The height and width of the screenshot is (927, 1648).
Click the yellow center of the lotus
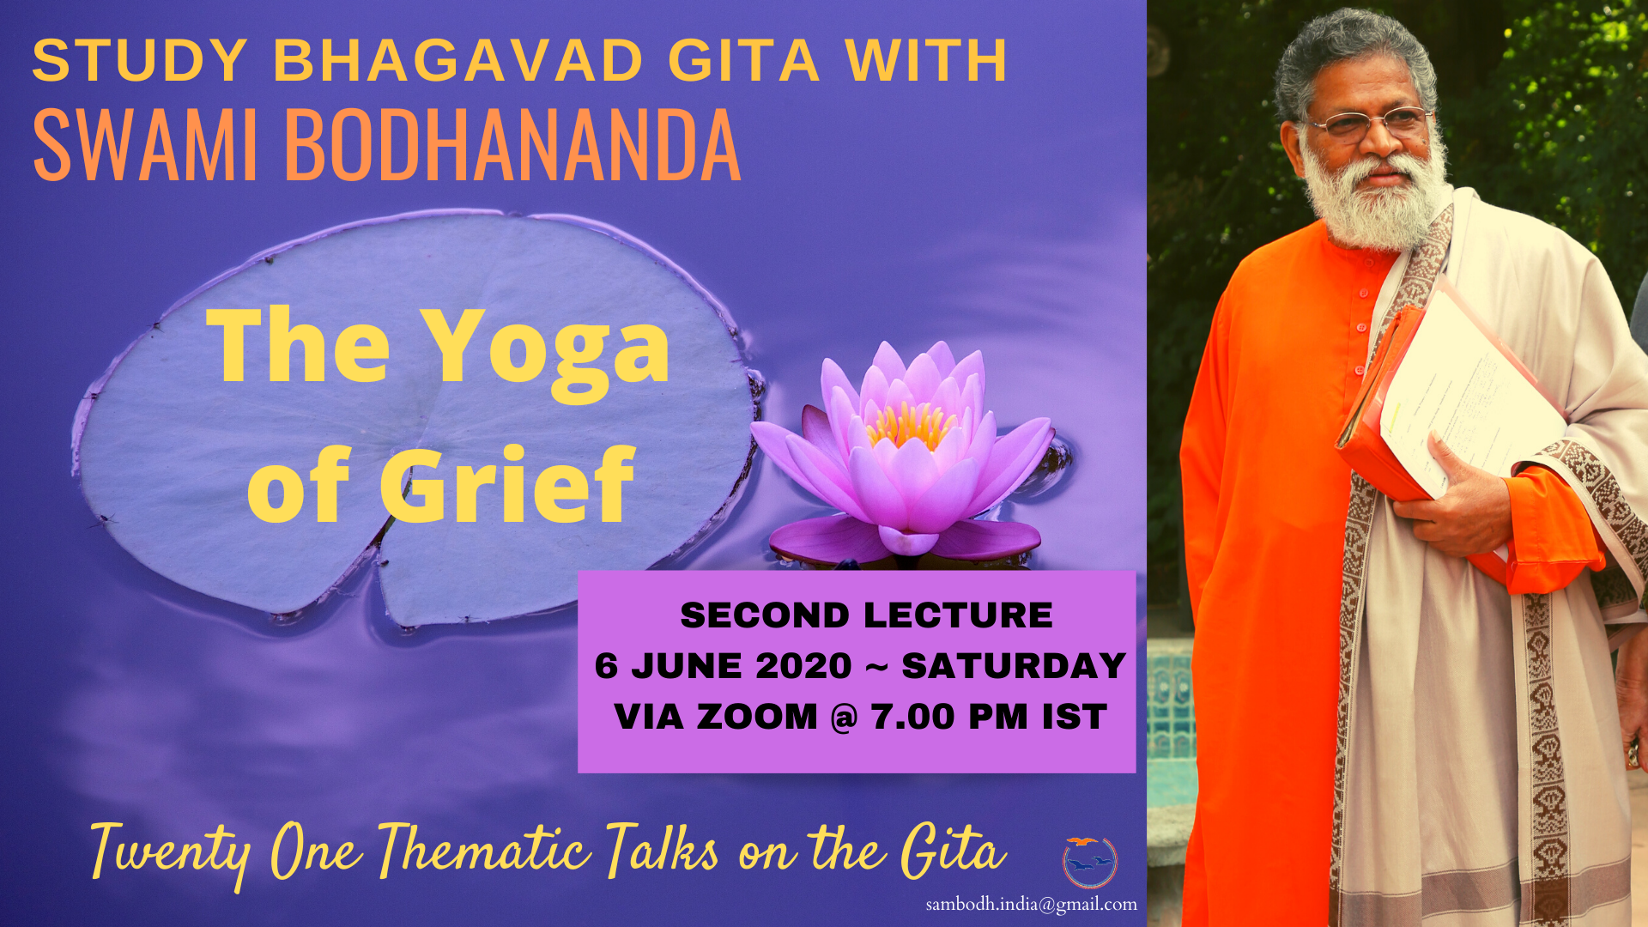pyautogui.click(x=912, y=425)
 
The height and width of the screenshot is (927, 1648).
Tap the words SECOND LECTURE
pyautogui.click(x=866, y=615)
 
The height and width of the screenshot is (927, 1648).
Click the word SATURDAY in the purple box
pyautogui.click(x=1014, y=666)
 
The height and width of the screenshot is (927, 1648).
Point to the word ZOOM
pyautogui.click(x=758, y=717)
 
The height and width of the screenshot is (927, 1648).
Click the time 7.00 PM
pyautogui.click(x=949, y=717)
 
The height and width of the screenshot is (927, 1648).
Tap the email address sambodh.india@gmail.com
pyautogui.click(x=1031, y=904)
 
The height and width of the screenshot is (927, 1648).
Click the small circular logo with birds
pyautogui.click(x=1090, y=862)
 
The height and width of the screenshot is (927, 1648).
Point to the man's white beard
pyautogui.click(x=1373, y=197)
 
